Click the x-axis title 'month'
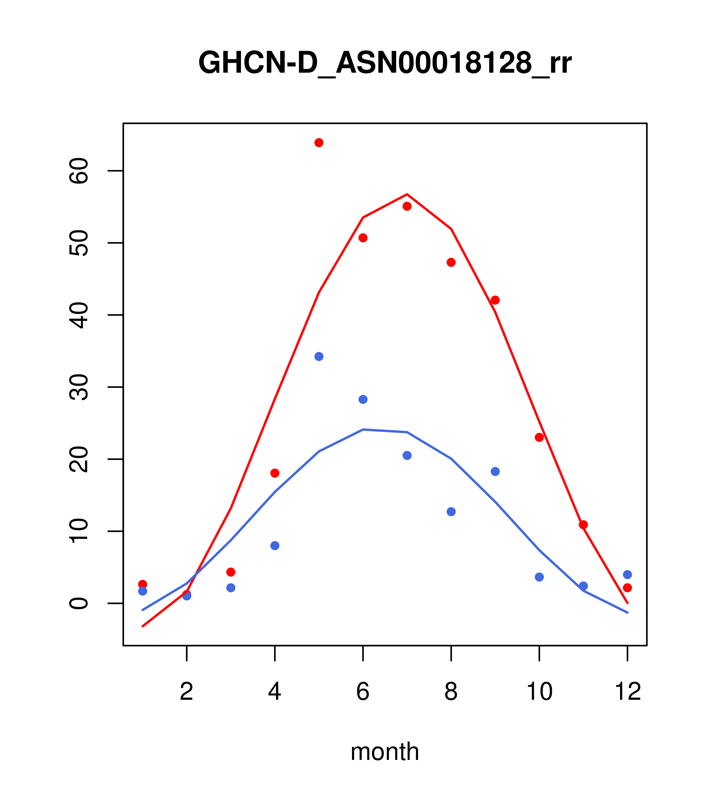pyautogui.click(x=385, y=752)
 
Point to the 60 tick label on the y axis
pyautogui.click(x=79, y=171)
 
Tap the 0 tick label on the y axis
pyautogui.click(x=79, y=603)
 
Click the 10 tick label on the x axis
pyautogui.click(x=539, y=691)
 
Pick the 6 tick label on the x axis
pyautogui.click(x=363, y=691)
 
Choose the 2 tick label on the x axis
pyautogui.click(x=187, y=691)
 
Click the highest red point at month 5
pyautogui.click(x=319, y=143)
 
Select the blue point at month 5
pyautogui.click(x=319, y=356)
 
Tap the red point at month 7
pyautogui.click(x=407, y=206)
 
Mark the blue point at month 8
pyautogui.click(x=451, y=512)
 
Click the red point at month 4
pyautogui.click(x=275, y=473)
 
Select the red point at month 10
pyautogui.click(x=539, y=437)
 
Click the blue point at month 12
pyautogui.click(x=628, y=575)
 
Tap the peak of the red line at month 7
pyautogui.click(x=407, y=194)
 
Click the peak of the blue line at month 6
pyautogui.click(x=363, y=430)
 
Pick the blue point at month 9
pyautogui.click(x=495, y=471)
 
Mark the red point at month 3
pyautogui.click(x=231, y=572)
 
